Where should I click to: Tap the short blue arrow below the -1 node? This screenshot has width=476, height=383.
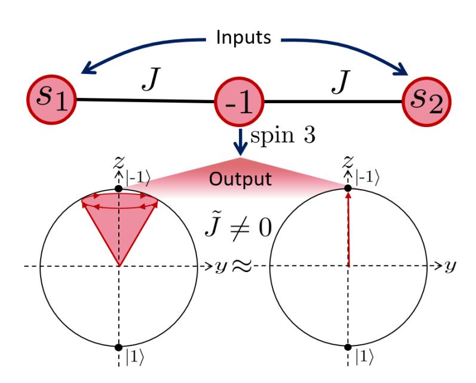[x=239, y=141]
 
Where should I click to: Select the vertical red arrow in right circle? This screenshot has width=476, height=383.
[x=348, y=227]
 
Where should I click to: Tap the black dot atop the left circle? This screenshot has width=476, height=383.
[x=119, y=188]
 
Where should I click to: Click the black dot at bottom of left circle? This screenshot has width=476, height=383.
[x=119, y=347]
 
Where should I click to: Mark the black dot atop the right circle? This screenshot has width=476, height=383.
[x=348, y=188]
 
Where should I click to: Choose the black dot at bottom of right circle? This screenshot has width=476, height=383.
[x=348, y=347]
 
